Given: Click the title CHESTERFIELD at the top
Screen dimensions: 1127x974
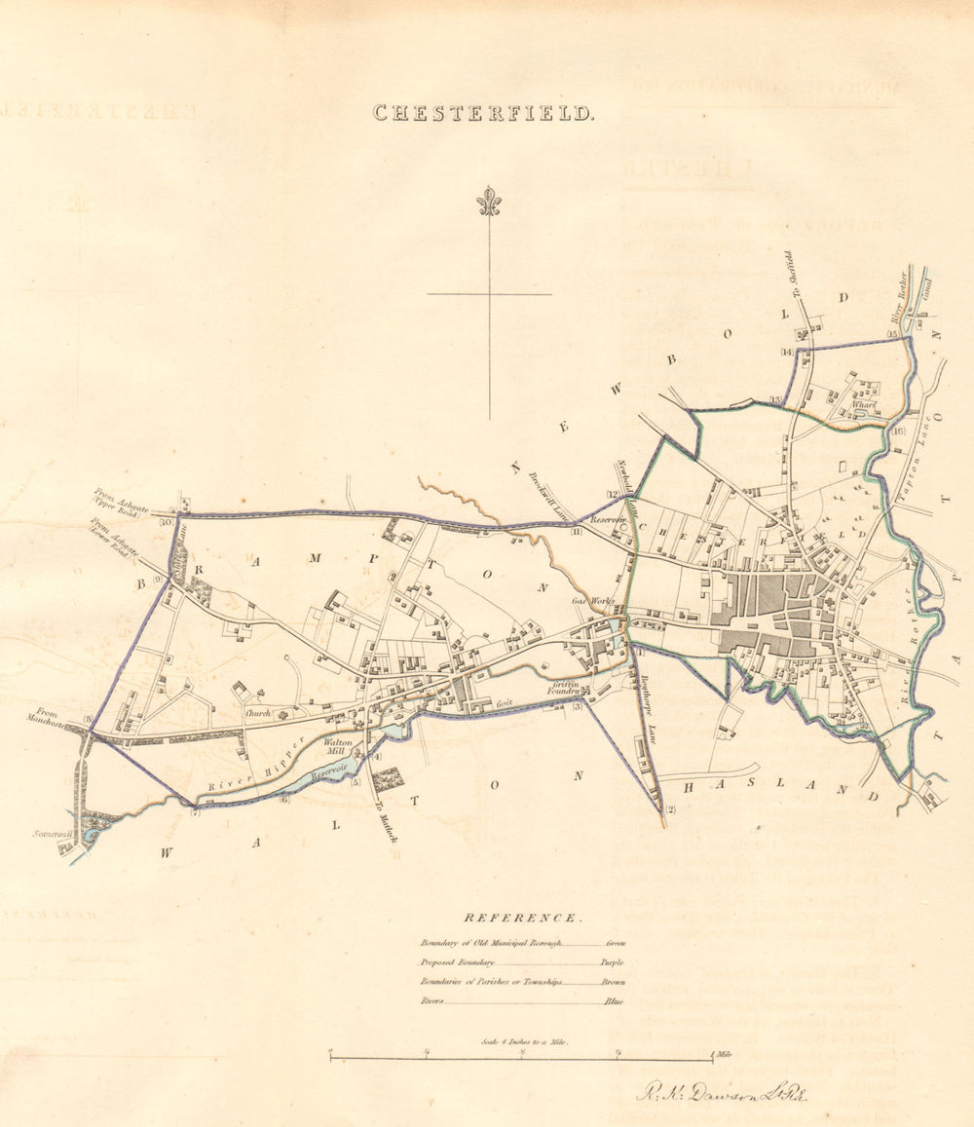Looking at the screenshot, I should click(483, 113).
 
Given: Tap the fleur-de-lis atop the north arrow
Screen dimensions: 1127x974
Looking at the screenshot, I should click(489, 201).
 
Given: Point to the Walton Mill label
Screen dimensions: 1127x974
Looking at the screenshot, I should click(337, 746).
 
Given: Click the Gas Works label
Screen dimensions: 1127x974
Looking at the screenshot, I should click(592, 601).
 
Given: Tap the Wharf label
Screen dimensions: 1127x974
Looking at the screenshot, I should click(863, 405).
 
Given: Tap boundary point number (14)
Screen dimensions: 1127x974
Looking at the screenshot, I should click(787, 352).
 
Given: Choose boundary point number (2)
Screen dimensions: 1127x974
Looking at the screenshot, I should click(669, 810).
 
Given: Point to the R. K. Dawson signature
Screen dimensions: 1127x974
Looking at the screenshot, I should click(721, 1092).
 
